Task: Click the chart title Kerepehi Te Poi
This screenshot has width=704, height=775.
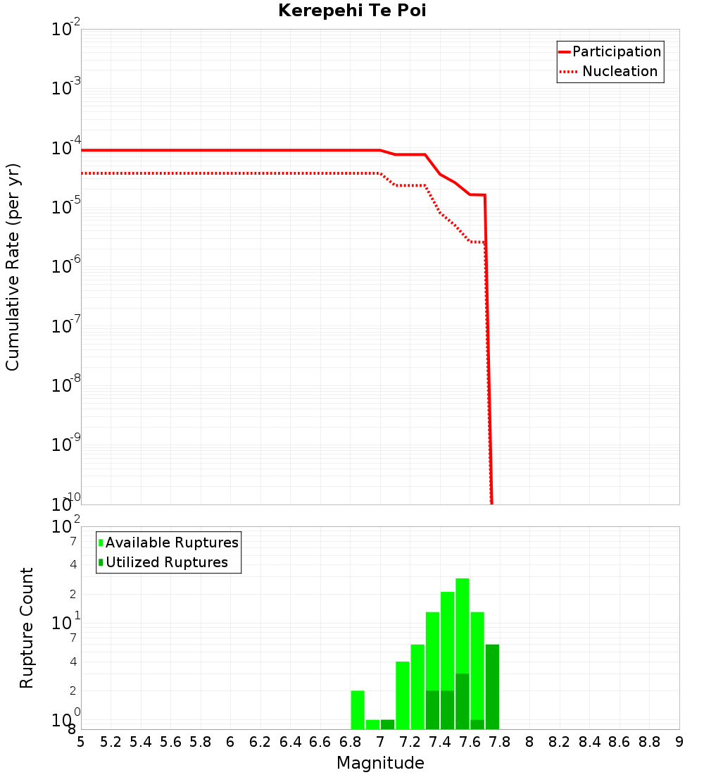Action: coord(352,11)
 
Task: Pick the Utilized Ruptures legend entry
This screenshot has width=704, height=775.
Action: coord(166,562)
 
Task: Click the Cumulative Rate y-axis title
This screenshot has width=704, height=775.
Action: coord(13,266)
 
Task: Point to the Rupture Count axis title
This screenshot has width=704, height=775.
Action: coord(27,628)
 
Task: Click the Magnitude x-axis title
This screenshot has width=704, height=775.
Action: coord(380,763)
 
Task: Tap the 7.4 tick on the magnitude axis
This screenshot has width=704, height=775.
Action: coord(440,742)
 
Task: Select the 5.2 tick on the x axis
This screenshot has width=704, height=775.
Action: coord(111,742)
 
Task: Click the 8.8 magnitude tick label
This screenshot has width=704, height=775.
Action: coord(649,742)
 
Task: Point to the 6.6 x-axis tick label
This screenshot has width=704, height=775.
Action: coord(320,742)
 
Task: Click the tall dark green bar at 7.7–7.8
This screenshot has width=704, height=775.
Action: coord(492,686)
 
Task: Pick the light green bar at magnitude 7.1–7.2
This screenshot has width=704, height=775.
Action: coord(403,695)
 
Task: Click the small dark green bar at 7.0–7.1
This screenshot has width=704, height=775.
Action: coord(387,724)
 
